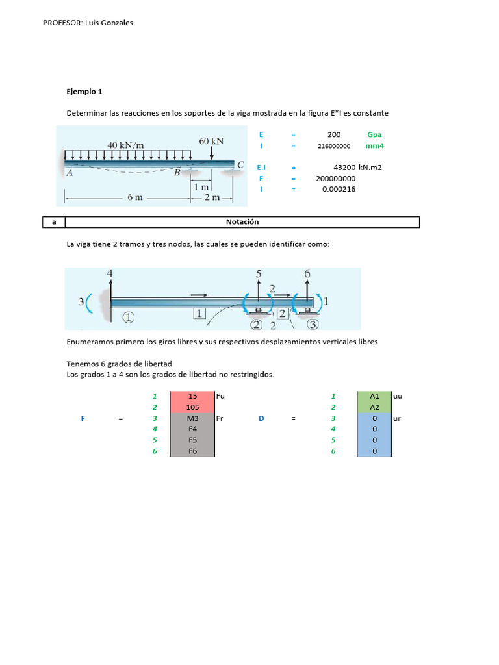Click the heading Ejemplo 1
click(84, 92)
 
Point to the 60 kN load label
click(212, 140)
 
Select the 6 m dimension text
click(134, 197)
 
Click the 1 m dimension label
click(201, 187)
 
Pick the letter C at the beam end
click(240, 165)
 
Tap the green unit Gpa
click(374, 135)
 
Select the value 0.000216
click(339, 189)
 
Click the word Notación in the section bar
click(242, 222)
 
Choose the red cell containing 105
click(192, 407)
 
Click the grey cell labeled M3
click(192, 418)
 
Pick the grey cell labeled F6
click(192, 451)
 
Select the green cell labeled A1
click(374, 396)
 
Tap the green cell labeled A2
click(374, 407)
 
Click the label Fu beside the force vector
click(220, 395)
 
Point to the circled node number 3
click(313, 324)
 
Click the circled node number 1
click(128, 318)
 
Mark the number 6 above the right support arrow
click(307, 274)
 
